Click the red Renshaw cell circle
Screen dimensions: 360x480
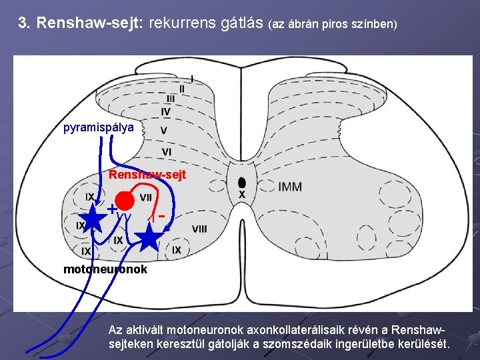124,200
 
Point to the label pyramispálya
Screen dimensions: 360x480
99,127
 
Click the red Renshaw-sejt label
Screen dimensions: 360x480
147,175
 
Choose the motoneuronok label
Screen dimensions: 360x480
105,270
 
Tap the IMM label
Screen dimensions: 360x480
289,187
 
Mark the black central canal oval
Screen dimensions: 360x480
241,183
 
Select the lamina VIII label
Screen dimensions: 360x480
199,229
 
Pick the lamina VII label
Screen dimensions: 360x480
145,197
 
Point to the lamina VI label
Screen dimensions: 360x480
167,152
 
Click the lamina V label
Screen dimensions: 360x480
164,131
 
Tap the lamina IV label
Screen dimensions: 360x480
165,111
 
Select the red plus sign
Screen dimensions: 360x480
113,209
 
